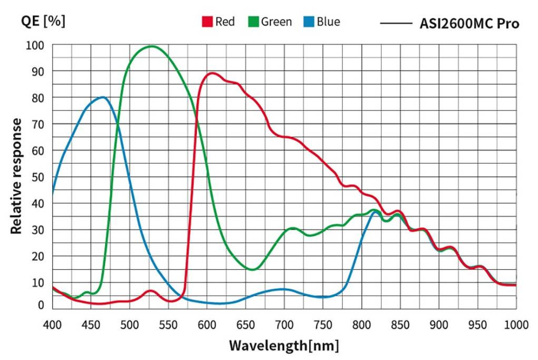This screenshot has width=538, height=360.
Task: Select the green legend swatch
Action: pos(253,22)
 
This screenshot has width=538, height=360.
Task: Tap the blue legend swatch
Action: pos(308,22)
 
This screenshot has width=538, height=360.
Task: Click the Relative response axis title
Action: pos(17,176)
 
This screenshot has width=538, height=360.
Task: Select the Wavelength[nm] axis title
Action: pos(284,345)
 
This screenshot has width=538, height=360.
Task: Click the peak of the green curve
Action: pos(151,46)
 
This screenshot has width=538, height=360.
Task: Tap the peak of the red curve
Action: pos(212,73)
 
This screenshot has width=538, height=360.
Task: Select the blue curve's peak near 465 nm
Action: pos(103,97)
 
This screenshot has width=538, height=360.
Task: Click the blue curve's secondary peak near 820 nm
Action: pos(375,212)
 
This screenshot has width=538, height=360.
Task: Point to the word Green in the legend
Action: pos(277,22)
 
